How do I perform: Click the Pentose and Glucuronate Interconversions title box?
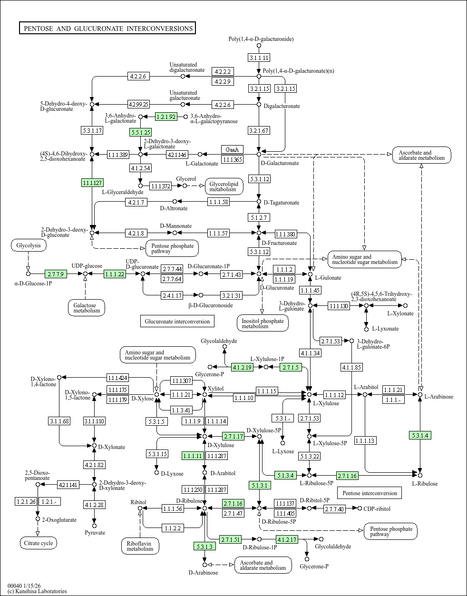(x=107, y=29)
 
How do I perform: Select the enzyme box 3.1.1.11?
(x=259, y=58)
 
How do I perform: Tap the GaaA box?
(x=232, y=149)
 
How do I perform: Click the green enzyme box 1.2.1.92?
(x=166, y=117)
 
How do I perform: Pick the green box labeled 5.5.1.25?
(x=140, y=132)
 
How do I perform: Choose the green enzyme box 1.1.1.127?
(x=92, y=183)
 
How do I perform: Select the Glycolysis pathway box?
(x=29, y=245)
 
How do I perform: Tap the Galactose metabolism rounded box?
(x=87, y=308)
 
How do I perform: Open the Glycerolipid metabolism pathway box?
(x=224, y=186)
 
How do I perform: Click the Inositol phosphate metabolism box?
(x=262, y=323)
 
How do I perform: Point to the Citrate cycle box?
(x=38, y=543)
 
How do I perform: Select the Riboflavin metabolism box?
(x=140, y=546)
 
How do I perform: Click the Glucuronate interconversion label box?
(x=177, y=321)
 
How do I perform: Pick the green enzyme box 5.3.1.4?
(x=420, y=435)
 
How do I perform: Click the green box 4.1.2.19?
(x=242, y=367)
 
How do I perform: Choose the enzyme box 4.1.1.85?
(x=351, y=367)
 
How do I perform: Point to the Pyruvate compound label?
(x=95, y=533)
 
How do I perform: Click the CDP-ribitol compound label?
(x=377, y=509)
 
